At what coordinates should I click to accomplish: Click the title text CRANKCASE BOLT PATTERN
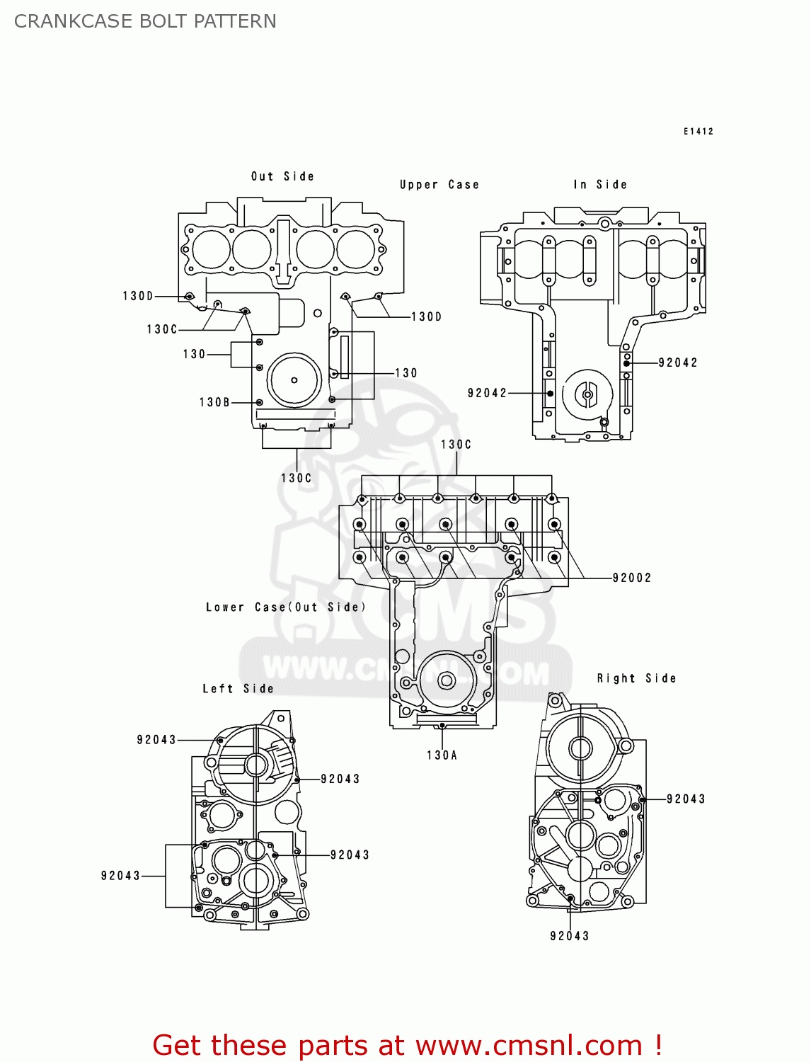145,21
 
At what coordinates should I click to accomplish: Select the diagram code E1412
698,132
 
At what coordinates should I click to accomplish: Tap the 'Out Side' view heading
282,176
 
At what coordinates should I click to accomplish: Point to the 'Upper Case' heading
439,185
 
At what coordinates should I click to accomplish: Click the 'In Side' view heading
600,185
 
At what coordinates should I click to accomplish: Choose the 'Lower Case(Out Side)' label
286,607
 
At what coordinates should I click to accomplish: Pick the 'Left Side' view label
238,689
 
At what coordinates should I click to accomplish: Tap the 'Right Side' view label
636,678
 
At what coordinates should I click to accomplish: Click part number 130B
214,402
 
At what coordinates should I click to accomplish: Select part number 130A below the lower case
442,755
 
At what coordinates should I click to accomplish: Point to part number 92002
632,578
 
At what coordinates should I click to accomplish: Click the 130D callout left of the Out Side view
138,296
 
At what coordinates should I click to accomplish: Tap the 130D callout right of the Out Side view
427,316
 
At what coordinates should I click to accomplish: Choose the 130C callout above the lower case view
456,445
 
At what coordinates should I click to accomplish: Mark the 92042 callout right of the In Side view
678,362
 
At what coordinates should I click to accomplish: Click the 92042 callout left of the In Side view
487,393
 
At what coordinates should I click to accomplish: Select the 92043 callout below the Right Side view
570,936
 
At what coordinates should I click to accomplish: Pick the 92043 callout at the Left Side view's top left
156,740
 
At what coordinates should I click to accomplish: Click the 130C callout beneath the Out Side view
297,479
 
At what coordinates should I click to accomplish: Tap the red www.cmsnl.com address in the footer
528,1046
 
